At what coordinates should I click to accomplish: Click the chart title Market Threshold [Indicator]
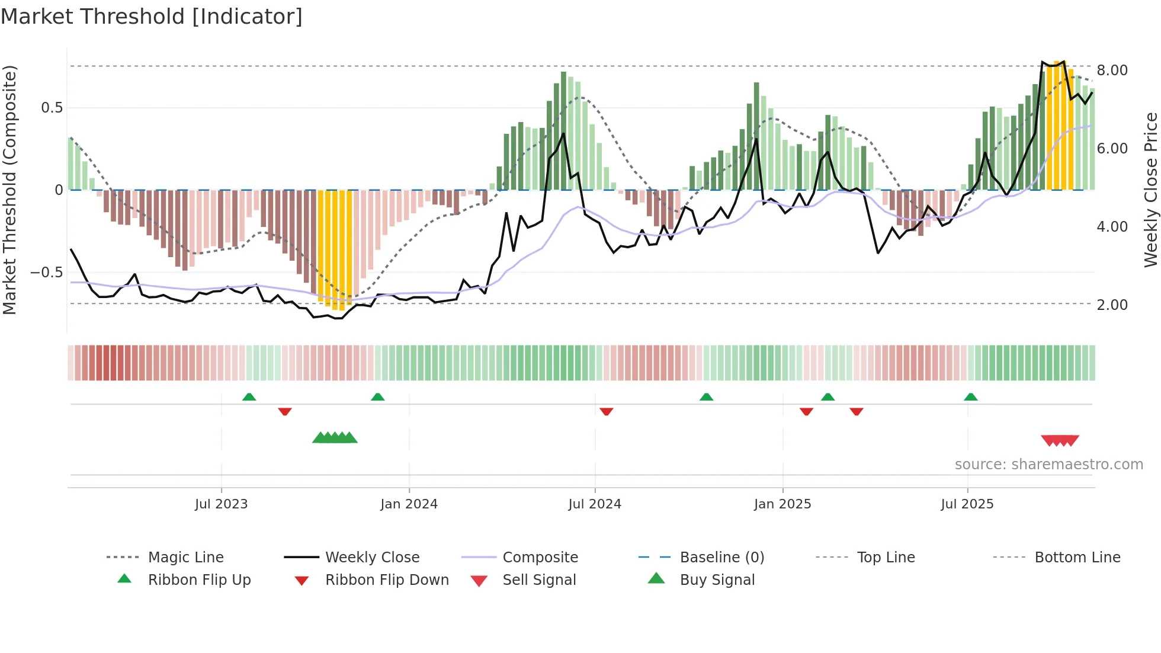[x=152, y=17]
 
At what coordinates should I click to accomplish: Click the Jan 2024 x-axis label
[x=409, y=504]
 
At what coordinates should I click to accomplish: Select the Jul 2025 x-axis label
[x=967, y=504]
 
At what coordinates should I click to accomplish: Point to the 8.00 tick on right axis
[x=1112, y=71]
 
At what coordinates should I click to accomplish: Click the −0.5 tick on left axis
[x=46, y=273]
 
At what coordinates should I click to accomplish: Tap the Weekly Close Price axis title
[x=1150, y=190]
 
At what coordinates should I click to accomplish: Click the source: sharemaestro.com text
[x=1048, y=465]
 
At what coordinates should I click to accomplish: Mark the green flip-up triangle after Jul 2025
[x=970, y=397]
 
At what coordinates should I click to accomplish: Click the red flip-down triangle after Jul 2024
[x=606, y=411]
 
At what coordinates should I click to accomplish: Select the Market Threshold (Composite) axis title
[x=9, y=190]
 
